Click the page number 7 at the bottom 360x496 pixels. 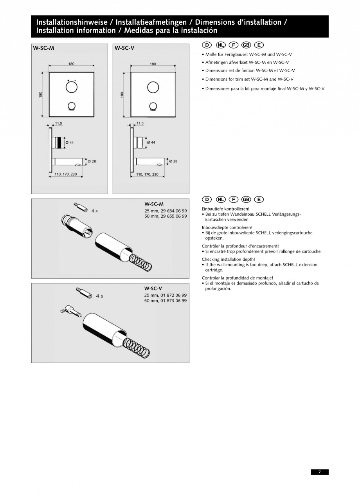coord(319,472)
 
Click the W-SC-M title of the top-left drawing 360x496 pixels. coord(43,48)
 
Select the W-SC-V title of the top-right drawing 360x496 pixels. coord(124,48)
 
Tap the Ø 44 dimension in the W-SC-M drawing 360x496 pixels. coord(70,142)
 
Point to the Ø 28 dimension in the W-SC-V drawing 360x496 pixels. coord(173,161)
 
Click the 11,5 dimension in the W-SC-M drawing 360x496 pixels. coord(58,123)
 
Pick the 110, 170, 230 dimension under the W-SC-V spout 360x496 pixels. coord(147,174)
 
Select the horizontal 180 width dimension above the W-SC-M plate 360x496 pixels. coord(71,65)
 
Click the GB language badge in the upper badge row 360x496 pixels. coord(246,45)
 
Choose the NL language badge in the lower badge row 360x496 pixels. coord(221,199)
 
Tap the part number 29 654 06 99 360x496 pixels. coord(174,211)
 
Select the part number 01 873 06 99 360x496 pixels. coord(174,301)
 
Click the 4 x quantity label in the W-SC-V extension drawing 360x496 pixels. coord(99,296)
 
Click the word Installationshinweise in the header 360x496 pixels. coord(72,22)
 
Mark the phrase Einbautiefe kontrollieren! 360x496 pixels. coord(225,209)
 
